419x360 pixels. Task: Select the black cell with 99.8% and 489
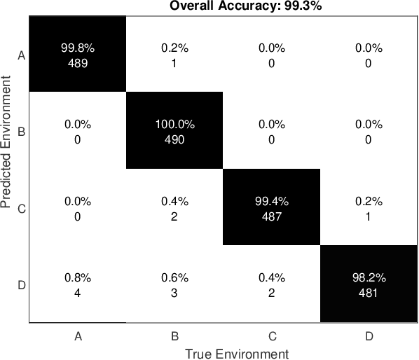[77, 55]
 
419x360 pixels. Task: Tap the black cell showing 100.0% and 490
[174, 131]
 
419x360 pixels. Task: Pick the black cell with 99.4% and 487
[271, 208]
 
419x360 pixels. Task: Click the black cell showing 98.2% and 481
[369, 285]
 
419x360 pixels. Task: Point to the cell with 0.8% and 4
[77, 285]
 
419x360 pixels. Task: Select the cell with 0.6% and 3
[174, 285]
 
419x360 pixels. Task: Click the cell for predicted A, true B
[174, 55]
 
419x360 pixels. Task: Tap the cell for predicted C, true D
[369, 208]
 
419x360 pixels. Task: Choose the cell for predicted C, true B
[174, 208]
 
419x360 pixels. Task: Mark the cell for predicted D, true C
[271, 285]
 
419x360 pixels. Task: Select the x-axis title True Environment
[236, 353]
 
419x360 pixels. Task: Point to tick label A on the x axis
[78, 335]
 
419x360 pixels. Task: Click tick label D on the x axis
[369, 335]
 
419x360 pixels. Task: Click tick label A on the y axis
[21, 55]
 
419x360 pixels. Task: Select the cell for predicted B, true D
[369, 131]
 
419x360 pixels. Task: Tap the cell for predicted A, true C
[271, 55]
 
